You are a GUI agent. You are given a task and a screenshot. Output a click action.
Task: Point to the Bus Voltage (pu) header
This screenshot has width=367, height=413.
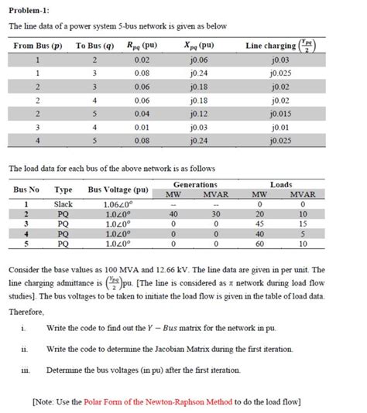pos(118,190)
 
